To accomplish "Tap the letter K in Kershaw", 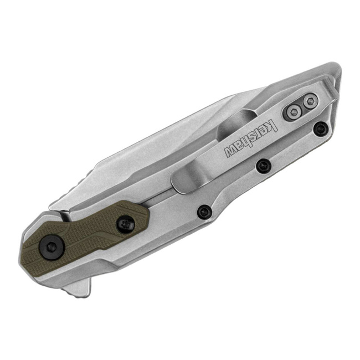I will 271,125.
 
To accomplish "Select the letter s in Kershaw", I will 254,136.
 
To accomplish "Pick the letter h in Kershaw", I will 246,140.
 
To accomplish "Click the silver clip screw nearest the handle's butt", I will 310,101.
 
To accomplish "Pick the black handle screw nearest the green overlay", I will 204,211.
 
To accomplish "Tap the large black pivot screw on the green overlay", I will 52,246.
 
